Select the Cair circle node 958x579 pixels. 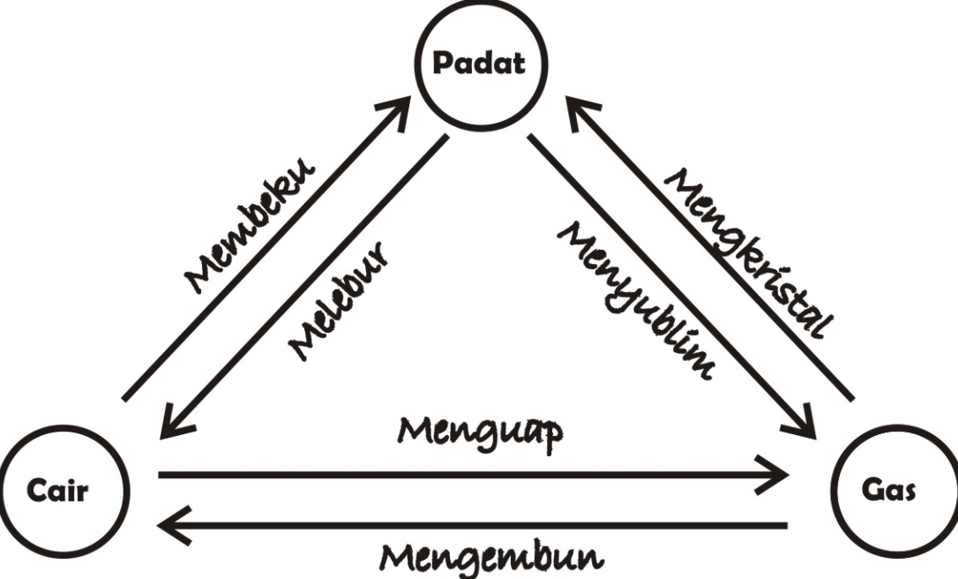pyautogui.click(x=64, y=491)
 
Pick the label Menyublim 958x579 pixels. pyautogui.click(x=635, y=300)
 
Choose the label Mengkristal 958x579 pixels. pyautogui.click(x=748, y=252)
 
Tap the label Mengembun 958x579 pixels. pyautogui.click(x=492, y=557)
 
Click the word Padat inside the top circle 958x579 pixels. pyautogui.click(x=479, y=64)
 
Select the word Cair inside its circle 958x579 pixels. pyautogui.click(x=57, y=491)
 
